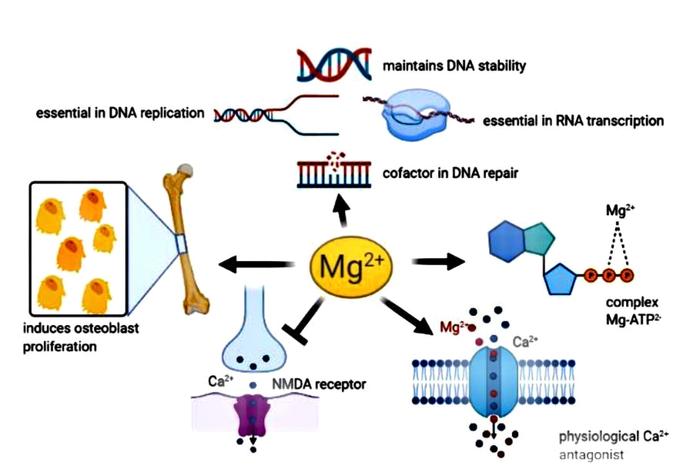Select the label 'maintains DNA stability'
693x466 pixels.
pyautogui.click(x=454, y=65)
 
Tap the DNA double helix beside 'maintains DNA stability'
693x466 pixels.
pyautogui.click(x=333, y=65)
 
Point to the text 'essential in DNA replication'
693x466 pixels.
pyautogui.click(x=120, y=113)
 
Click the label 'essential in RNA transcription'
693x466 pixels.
pyautogui.click(x=573, y=121)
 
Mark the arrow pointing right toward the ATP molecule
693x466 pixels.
pyautogui.click(x=439, y=262)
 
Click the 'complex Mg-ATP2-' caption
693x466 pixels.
pyautogui.click(x=635, y=310)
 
